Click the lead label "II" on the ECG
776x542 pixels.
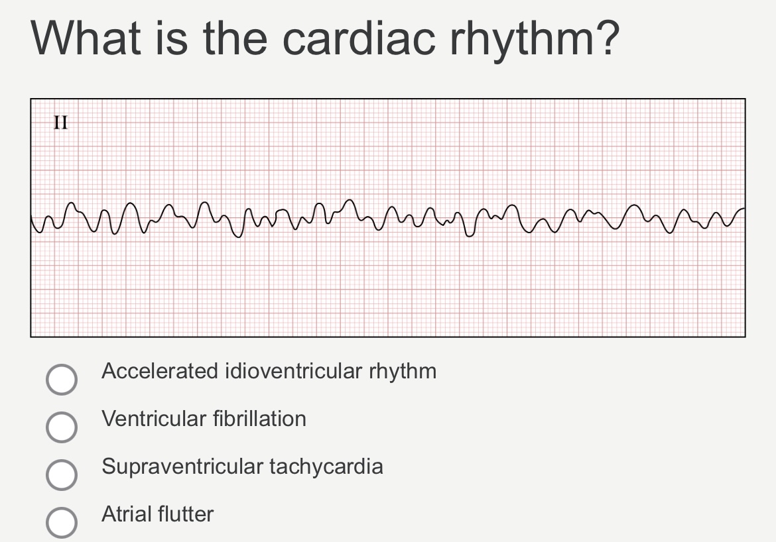pos(61,123)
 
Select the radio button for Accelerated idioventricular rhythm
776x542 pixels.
pos(61,379)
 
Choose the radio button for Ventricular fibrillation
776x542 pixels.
pos(61,427)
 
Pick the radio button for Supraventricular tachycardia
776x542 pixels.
pos(61,475)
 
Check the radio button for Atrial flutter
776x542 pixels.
pos(61,523)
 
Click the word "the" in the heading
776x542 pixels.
pos(236,39)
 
